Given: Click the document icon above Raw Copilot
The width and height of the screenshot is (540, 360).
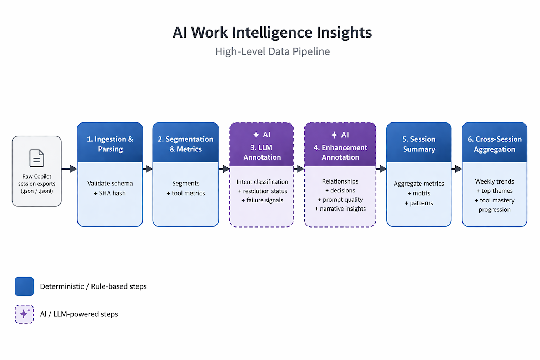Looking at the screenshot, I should coord(37,158).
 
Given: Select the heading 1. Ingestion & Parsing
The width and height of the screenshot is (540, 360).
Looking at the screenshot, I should coord(110,144).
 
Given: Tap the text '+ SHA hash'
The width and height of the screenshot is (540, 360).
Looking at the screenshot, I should coord(110,193).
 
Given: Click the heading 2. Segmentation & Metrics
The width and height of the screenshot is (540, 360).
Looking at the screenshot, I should coord(186,144).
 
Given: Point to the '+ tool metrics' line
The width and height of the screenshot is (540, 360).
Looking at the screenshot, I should coord(186,193).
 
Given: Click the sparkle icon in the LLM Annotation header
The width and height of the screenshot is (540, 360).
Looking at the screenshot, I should coord(256,135).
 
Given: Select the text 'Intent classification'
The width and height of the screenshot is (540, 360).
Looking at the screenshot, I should coord(262,182).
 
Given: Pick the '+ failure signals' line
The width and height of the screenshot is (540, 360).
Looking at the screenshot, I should coord(262,200).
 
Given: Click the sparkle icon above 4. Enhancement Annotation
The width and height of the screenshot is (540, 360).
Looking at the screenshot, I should coord(334,135).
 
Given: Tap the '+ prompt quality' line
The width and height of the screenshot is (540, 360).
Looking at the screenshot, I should coord(340,200).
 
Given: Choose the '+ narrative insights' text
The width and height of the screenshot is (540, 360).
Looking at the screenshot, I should coord(340,209).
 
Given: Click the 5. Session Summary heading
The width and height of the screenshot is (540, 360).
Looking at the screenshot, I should coord(419,144).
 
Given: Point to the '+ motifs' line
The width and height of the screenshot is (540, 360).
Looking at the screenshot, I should coord(419,193).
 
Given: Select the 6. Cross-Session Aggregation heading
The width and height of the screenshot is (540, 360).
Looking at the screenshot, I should coord(495,144).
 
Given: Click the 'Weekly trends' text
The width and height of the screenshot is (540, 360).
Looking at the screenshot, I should coord(495,181).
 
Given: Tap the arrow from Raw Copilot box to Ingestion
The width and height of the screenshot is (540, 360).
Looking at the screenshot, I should coord(69,169).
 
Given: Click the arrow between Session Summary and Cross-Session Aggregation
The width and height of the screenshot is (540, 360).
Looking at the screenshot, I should coord(457,169).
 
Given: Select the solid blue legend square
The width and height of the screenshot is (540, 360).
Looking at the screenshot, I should coord(24,286).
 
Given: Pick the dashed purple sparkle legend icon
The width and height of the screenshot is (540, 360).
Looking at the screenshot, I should coord(24,314).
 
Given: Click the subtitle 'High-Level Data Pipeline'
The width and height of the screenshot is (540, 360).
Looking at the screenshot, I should coord(272,52).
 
